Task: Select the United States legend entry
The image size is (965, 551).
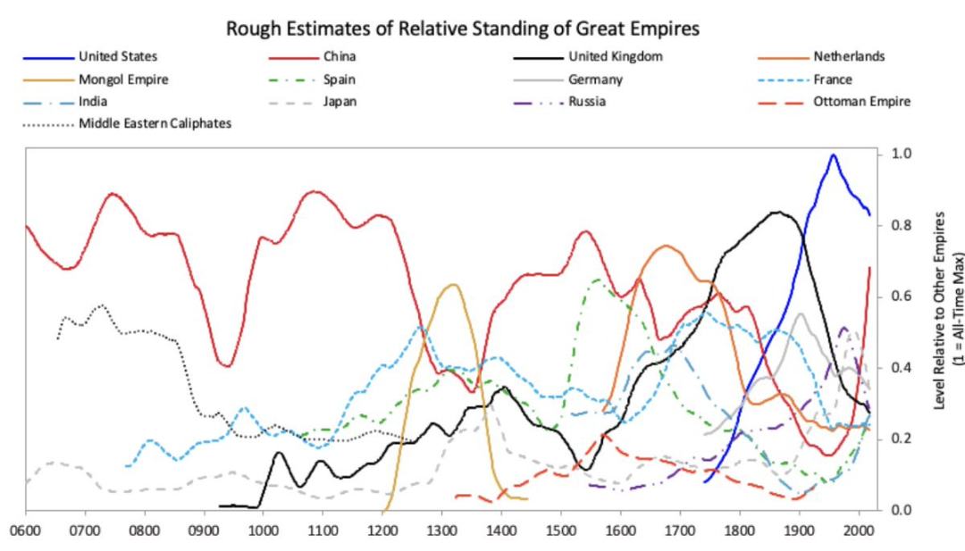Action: tap(122, 57)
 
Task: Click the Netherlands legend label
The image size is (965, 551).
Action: tap(849, 57)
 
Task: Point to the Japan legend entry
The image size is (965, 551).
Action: tap(340, 101)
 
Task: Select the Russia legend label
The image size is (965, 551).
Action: tap(587, 101)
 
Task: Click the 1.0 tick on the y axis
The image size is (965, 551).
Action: tap(902, 154)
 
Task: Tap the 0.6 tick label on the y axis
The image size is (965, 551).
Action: tap(902, 296)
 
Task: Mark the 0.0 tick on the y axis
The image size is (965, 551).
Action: tap(902, 510)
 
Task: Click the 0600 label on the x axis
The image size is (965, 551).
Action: tap(26, 530)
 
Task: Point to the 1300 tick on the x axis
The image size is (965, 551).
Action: tap(441, 530)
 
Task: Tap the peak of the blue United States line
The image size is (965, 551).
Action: tap(833, 154)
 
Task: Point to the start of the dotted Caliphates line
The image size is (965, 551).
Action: tap(57, 338)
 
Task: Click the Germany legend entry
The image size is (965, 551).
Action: tap(595, 79)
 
